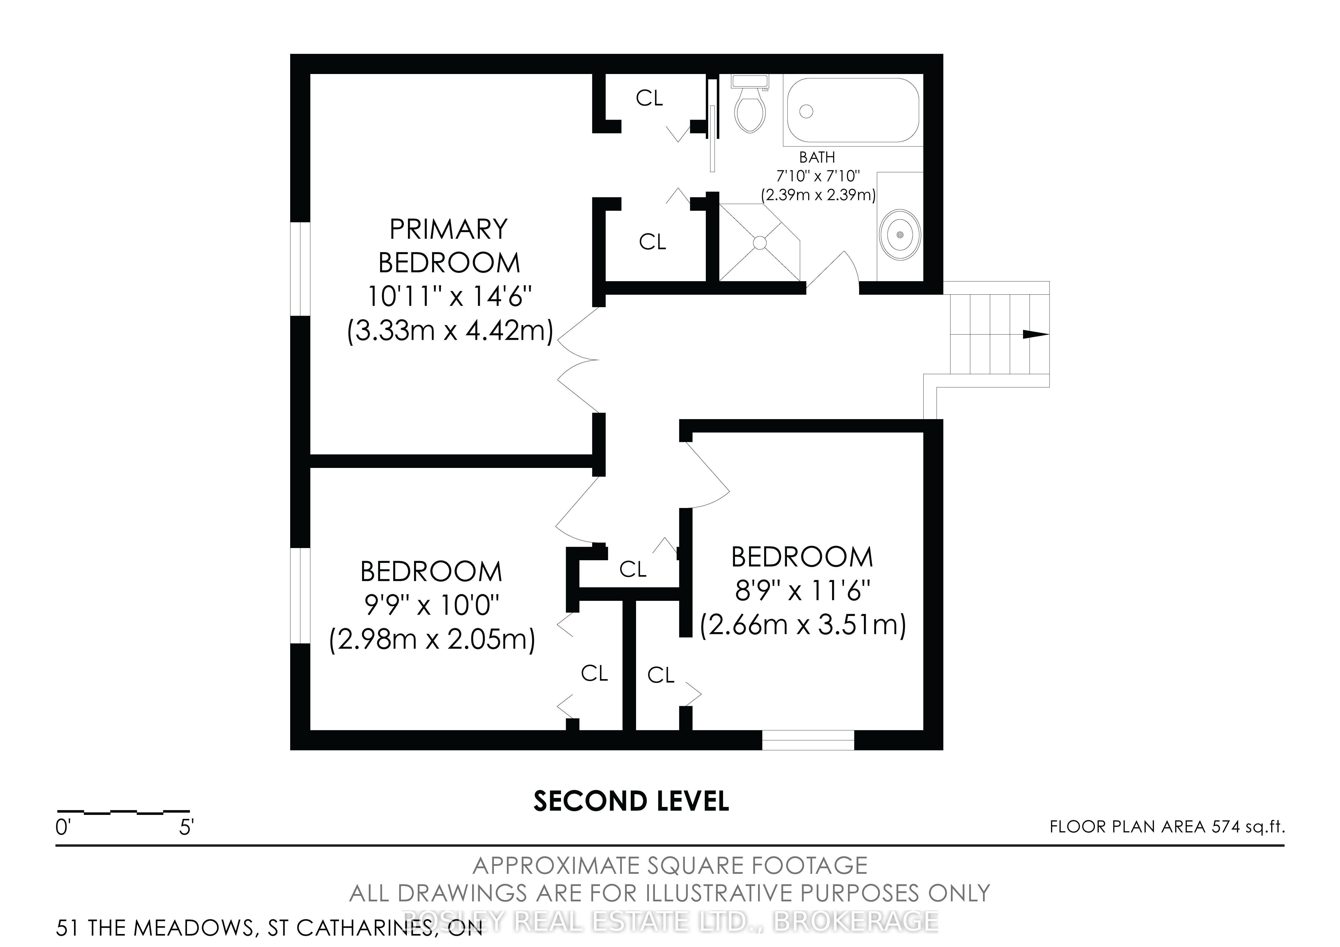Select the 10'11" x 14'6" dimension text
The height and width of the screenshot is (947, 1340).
[x=449, y=297]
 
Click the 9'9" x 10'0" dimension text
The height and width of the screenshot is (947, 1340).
[x=431, y=605]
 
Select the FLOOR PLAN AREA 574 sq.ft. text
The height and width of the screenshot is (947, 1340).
[x=1167, y=827]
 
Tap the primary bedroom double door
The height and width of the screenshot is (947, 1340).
[x=578, y=360]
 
